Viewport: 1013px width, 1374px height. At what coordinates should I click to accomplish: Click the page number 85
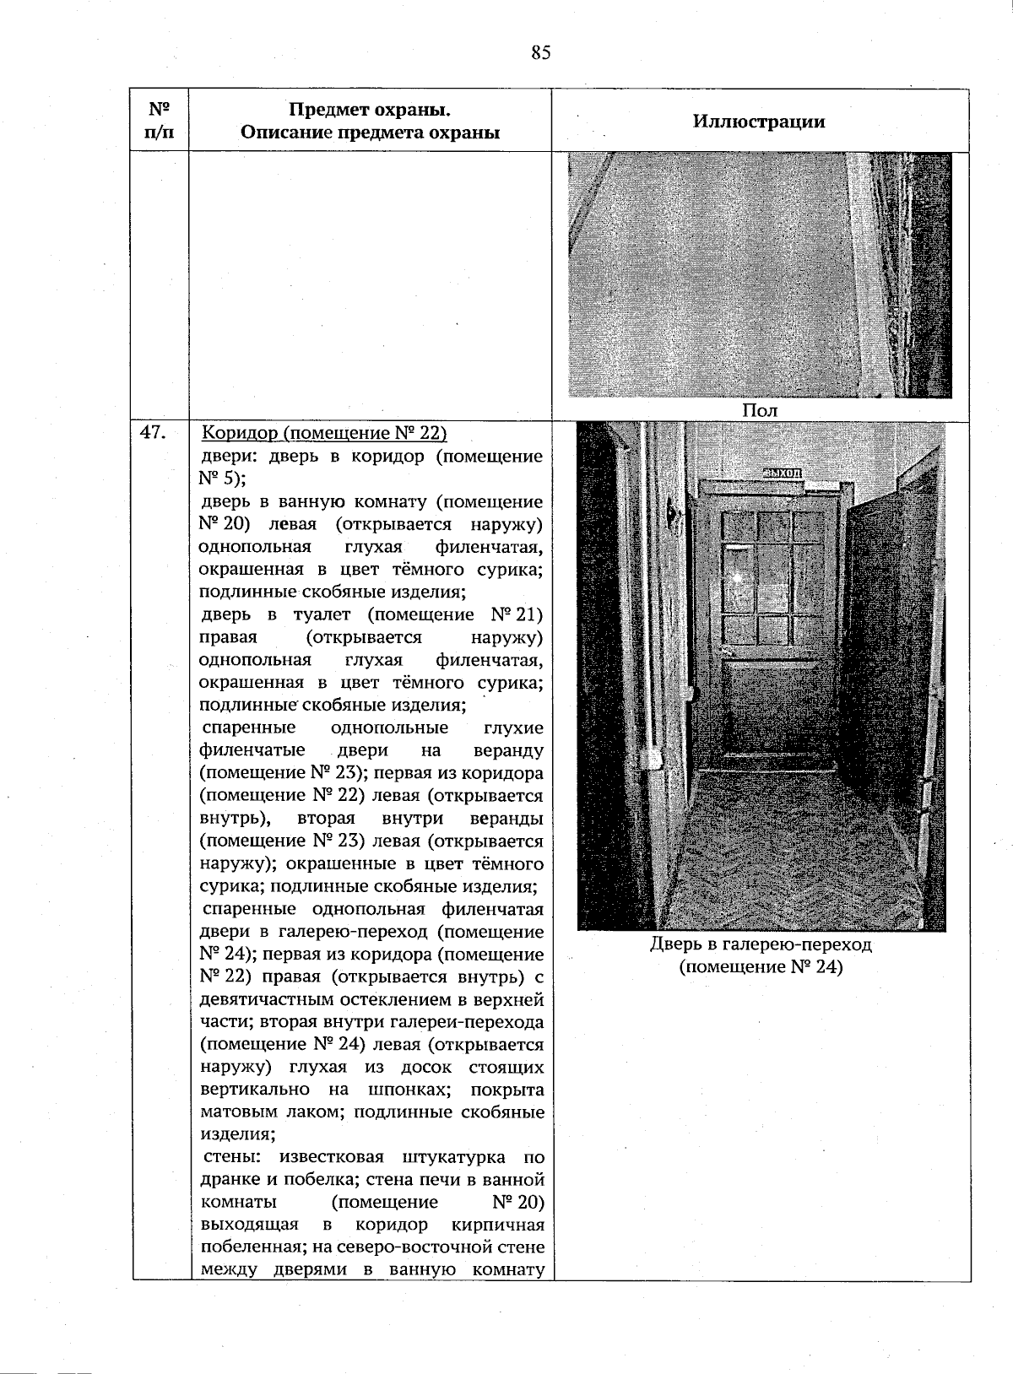541,53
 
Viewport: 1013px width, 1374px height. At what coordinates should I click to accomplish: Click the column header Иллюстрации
759,121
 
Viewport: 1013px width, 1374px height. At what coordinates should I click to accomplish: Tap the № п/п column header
159,121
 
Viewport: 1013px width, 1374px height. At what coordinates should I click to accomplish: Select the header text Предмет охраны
370,111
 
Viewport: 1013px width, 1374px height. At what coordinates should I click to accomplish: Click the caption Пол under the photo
759,410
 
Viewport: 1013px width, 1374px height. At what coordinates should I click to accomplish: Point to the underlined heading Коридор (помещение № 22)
324,434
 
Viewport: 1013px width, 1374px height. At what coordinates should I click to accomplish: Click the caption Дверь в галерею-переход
760,944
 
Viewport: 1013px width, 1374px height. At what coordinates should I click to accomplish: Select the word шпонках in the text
414,1090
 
